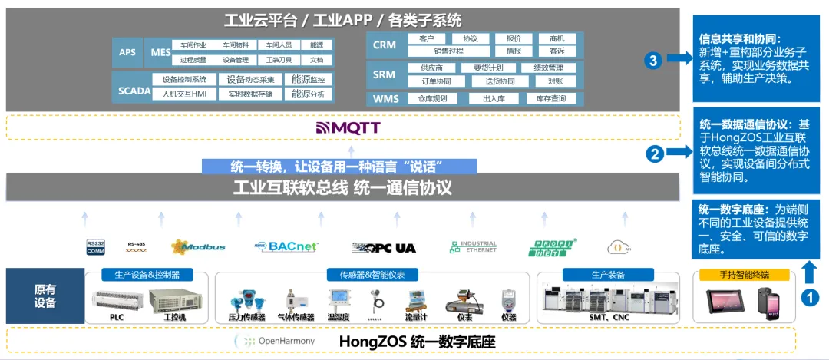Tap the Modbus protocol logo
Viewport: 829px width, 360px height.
pyautogui.click(x=198, y=246)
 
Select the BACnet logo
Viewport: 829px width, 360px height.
pyautogui.click(x=286, y=246)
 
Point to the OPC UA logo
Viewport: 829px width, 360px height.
pyautogui.click(x=383, y=247)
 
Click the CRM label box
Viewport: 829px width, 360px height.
pyautogui.click(x=385, y=45)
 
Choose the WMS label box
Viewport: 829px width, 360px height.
pyautogui.click(x=385, y=99)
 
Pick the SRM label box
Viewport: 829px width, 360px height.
pyautogui.click(x=385, y=74)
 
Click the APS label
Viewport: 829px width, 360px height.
pyautogui.click(x=127, y=52)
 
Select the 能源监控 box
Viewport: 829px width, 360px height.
pyautogui.click(x=309, y=79)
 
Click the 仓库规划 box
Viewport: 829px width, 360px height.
pyautogui.click(x=432, y=98)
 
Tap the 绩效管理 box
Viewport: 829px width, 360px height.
pyautogui.click(x=547, y=68)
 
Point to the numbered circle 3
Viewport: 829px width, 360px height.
pyautogui.click(x=653, y=61)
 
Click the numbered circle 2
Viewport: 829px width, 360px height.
pyautogui.click(x=655, y=154)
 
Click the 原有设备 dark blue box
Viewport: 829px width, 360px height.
pyautogui.click(x=45, y=296)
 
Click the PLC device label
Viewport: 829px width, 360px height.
pyautogui.click(x=116, y=316)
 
